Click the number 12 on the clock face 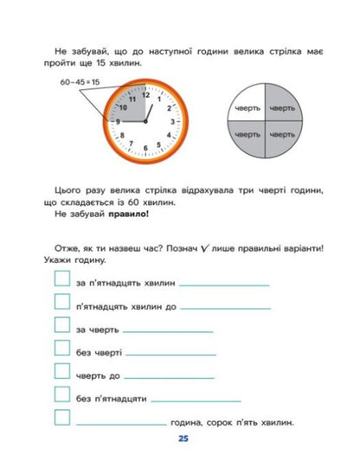145,94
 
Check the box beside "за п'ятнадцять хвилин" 61,279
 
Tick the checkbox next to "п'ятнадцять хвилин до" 61,301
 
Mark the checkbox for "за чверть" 61,324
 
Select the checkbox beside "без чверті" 61,348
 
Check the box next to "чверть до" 61,371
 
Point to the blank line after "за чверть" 168,330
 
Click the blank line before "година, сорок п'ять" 121,424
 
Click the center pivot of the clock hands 145,122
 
